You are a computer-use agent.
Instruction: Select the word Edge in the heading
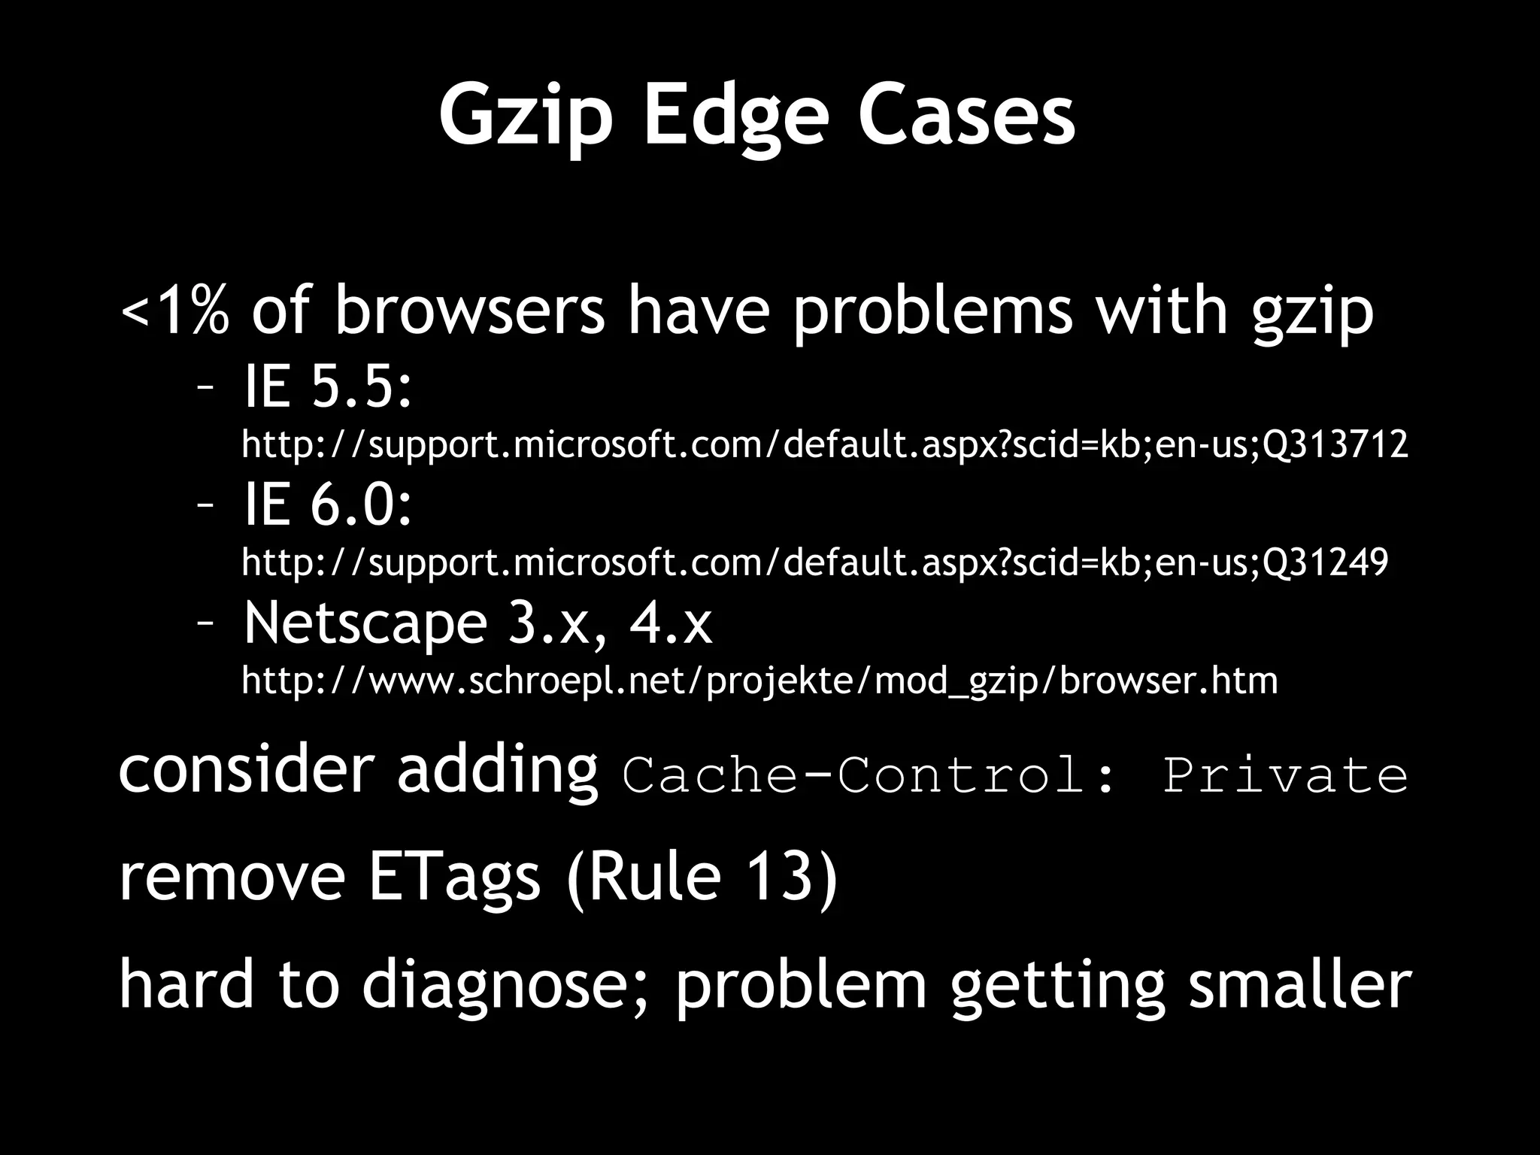click(735, 117)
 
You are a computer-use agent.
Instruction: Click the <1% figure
click(174, 310)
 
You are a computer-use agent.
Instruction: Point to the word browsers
click(469, 310)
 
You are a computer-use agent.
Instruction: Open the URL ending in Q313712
click(824, 444)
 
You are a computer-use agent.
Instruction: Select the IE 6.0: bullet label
click(328, 505)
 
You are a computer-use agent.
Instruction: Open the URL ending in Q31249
click(814, 562)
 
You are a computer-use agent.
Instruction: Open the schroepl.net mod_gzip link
click(759, 681)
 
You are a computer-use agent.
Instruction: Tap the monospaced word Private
click(1285, 775)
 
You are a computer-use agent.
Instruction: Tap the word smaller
click(1300, 985)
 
